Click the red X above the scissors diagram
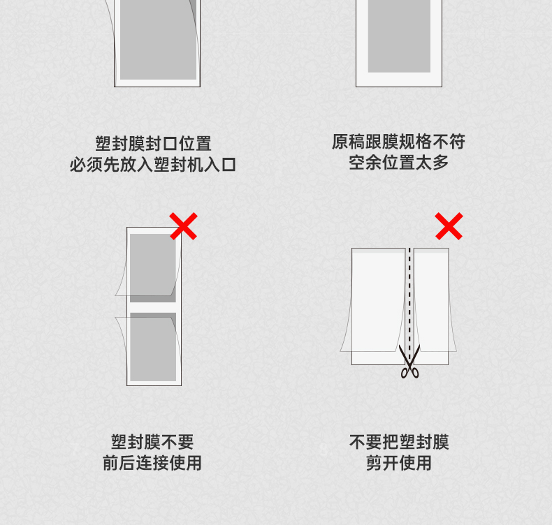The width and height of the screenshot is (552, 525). point(449,226)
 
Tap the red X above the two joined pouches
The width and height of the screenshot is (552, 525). point(183,226)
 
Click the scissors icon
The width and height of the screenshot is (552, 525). point(409,361)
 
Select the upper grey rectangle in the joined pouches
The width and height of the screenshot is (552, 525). point(153,268)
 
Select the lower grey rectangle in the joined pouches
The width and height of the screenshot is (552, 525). point(153,347)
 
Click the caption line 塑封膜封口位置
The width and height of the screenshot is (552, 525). point(153,144)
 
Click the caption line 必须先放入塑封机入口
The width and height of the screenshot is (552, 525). point(153,165)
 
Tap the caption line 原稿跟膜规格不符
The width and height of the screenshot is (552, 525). point(398,142)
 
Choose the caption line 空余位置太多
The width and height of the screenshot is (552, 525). point(398,163)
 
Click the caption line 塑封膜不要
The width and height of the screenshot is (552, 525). point(152,442)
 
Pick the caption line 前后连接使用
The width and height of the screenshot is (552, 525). point(152,463)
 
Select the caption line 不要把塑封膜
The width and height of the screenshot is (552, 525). point(399,442)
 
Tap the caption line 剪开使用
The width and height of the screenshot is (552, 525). point(399,463)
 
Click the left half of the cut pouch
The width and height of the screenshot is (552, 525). point(379,306)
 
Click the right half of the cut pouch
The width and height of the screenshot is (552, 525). point(431,306)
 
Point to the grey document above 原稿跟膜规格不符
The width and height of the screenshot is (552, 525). point(399,36)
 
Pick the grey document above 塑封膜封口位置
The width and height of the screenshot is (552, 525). point(158,39)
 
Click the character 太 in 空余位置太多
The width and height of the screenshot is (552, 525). point(424,163)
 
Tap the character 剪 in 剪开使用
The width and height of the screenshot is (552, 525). point(374,463)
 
